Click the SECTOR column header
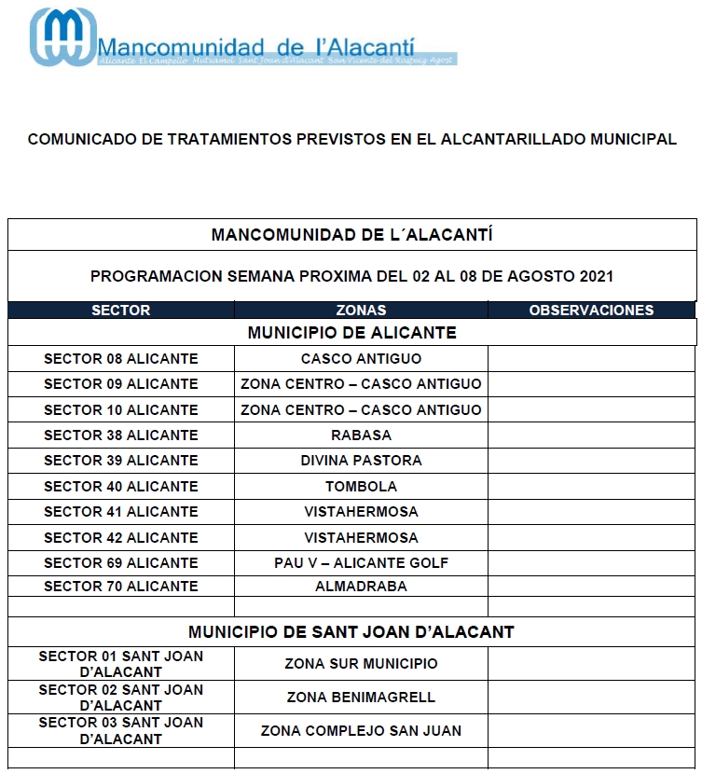click(x=121, y=311)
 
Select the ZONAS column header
click(x=361, y=311)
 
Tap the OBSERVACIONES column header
click(x=591, y=311)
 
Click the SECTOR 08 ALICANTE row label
click(x=121, y=359)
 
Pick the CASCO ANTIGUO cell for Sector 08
click(x=361, y=359)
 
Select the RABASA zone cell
click(x=361, y=435)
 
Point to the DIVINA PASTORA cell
click(x=361, y=461)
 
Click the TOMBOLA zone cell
click(x=361, y=487)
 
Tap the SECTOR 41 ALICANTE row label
click(x=121, y=512)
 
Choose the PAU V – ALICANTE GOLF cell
click(x=361, y=563)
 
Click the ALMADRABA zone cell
click(x=361, y=587)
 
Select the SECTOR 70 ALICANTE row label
click(x=121, y=587)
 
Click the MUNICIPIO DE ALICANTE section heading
click(x=351, y=333)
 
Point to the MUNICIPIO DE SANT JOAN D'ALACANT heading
click(x=351, y=632)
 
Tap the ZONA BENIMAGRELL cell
click(x=361, y=698)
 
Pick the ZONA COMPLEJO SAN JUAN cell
click(x=361, y=731)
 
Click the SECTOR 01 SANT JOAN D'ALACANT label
click(x=121, y=664)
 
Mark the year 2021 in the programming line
click(x=596, y=277)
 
